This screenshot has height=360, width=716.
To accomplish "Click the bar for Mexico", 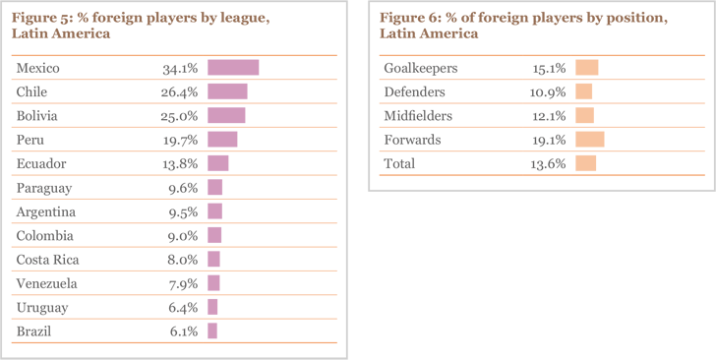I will pos(233,68).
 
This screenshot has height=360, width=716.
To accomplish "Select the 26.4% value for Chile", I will pos(180,91).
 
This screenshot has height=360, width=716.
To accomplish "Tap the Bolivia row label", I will pos(36,115).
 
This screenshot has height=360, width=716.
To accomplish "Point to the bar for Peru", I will pos(222,140).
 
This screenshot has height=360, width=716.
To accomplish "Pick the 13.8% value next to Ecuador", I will pos(180,163).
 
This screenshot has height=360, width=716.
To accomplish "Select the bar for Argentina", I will pos(214,211).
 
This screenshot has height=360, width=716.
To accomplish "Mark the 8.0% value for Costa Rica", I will pos(183,260).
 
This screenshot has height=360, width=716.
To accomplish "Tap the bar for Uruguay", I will pos(212,308).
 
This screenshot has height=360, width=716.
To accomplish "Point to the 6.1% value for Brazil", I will pos(183,331).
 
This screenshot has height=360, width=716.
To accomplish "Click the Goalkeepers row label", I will pos(419,68).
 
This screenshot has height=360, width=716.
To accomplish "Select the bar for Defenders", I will pos(584,91).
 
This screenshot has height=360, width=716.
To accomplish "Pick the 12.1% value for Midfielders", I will pos(548,116).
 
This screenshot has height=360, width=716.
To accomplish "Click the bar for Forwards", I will pos(590,140).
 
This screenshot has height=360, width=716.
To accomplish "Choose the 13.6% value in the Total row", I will pos(548,163).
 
